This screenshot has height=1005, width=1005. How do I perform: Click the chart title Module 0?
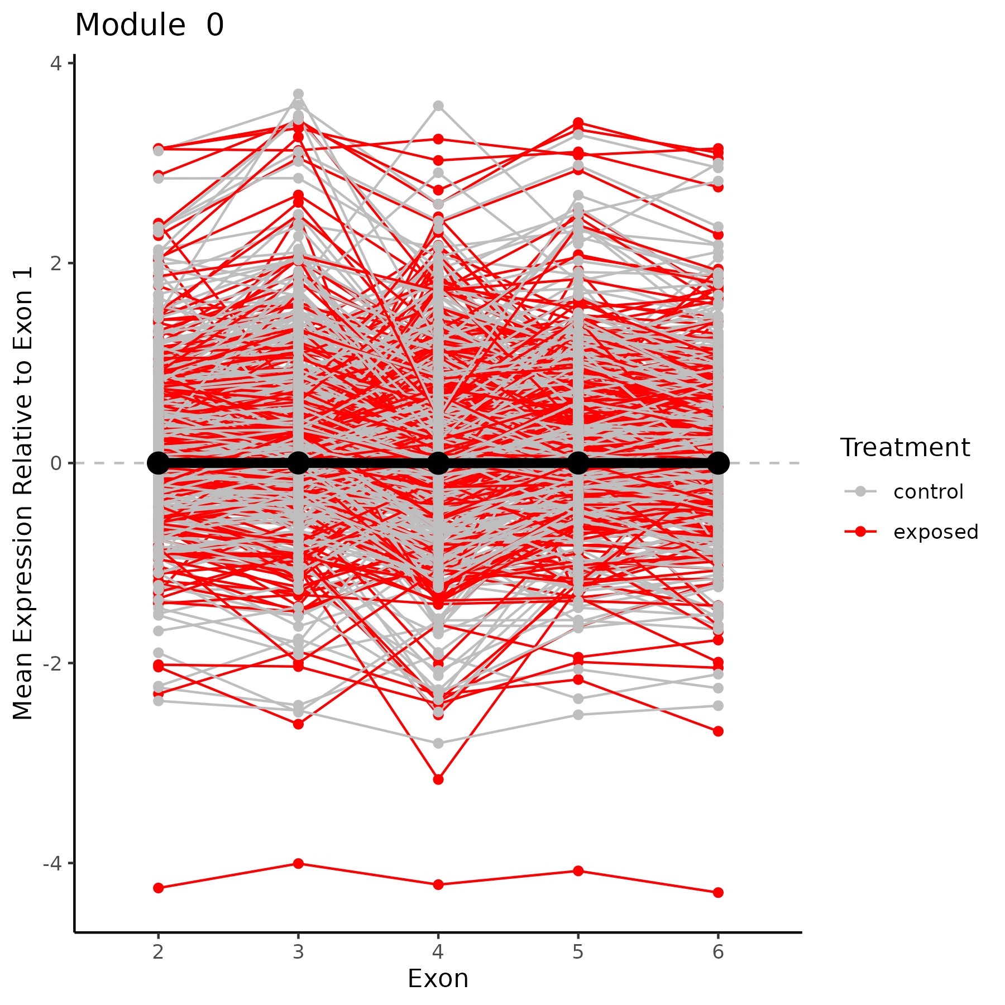coord(149,26)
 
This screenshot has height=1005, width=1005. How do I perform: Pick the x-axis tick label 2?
coord(159,951)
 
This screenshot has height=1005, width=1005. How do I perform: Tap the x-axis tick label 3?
coord(299,951)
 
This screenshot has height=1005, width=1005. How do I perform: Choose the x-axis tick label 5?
coord(578,951)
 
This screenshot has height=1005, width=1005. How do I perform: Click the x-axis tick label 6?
coord(718,951)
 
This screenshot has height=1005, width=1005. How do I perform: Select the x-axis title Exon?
coord(438,979)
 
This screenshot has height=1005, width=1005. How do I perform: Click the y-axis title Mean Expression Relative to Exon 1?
coord(23,493)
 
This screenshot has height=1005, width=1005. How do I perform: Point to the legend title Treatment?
coord(905,448)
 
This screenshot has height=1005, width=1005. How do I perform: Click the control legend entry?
coord(928,492)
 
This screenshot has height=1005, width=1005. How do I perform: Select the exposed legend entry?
coord(935,532)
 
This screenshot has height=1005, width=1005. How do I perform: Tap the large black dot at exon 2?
coord(159,463)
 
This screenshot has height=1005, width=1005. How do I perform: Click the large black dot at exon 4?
coord(438,463)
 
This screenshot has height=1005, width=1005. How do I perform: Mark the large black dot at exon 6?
coord(718,463)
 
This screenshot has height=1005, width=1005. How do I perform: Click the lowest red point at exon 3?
coord(299,864)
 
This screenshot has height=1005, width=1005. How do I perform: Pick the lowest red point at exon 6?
coord(718,893)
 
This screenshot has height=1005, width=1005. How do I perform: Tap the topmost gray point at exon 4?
coord(438,106)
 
